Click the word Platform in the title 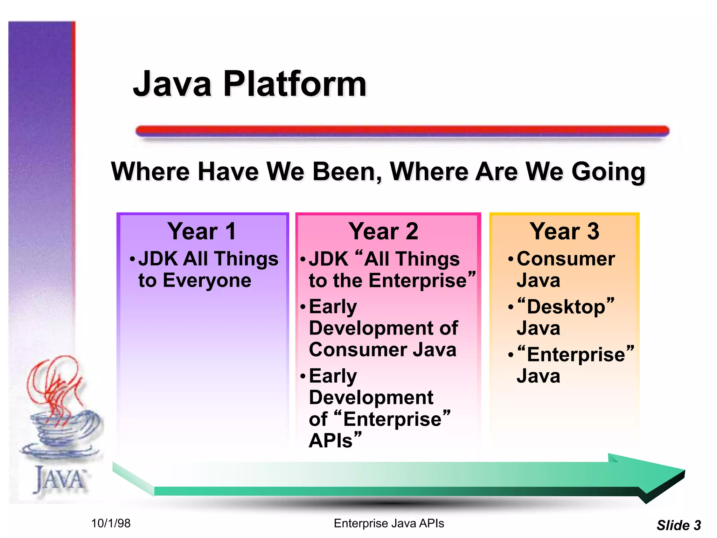pos(295,84)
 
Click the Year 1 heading pos(202,232)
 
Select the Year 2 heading pos(383,232)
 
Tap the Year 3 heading pos(564,232)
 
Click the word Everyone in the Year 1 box pos(207,281)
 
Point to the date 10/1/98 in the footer pos(111,523)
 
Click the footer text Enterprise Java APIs pos(389,523)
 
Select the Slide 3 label pos(678,525)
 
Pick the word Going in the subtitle pos(608,172)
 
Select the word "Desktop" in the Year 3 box pos(566,307)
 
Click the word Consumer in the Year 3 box pos(566,259)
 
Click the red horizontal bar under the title pos(403,131)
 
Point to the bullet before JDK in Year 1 pos(132,260)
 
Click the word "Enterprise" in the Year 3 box pos(576,354)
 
